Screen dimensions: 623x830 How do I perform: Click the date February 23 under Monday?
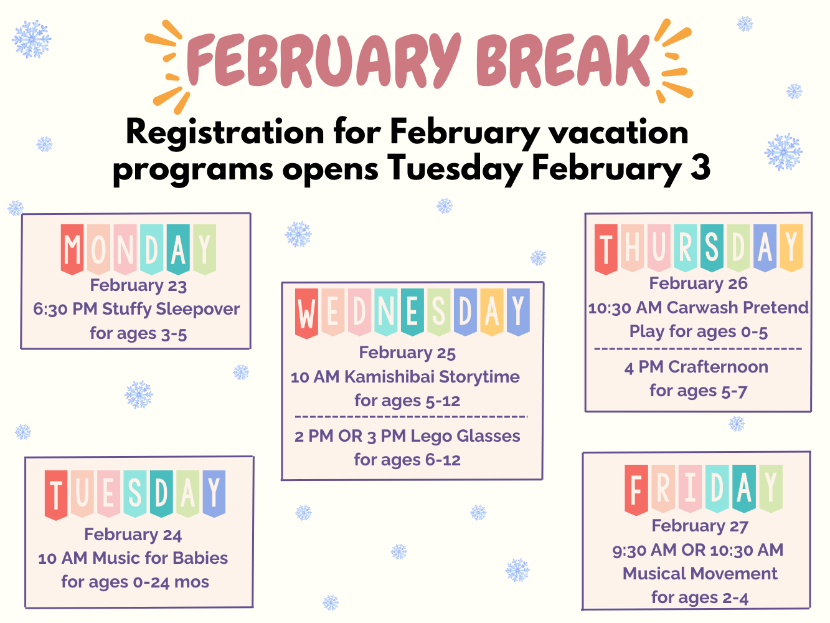coord(138,286)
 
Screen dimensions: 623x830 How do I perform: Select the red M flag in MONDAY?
coord(72,249)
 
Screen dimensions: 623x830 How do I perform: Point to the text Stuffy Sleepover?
coord(171,309)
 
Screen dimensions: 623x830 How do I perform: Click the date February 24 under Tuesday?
coord(133,535)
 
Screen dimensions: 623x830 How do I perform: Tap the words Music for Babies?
coord(160,558)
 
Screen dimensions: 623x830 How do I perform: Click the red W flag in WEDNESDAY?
coord(306,313)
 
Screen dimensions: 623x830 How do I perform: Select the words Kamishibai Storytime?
coord(432,377)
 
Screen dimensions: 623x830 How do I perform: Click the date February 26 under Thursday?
coord(698,284)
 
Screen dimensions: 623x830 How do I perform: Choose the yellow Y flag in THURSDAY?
coord(791,248)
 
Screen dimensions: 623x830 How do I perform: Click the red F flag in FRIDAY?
coord(636,489)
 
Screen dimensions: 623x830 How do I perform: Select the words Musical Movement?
coord(700,574)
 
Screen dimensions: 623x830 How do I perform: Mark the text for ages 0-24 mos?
coord(135,583)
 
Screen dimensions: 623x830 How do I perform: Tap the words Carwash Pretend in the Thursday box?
coord(737,308)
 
